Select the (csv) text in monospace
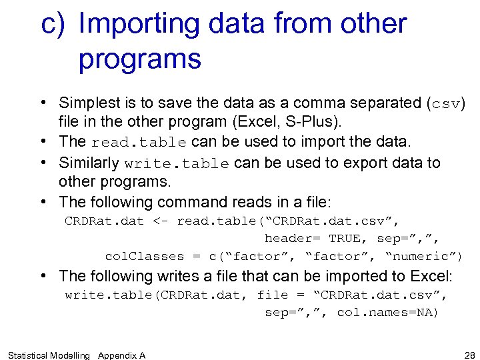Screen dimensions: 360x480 click(x=446, y=103)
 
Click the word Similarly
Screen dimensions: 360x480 click(x=89, y=163)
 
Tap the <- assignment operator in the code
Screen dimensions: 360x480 click(x=160, y=221)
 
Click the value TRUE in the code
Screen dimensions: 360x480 click(x=345, y=238)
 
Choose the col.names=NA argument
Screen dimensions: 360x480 click(x=387, y=312)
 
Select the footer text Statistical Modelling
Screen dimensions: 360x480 click(x=48, y=355)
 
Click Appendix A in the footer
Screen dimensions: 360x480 click(x=122, y=355)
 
